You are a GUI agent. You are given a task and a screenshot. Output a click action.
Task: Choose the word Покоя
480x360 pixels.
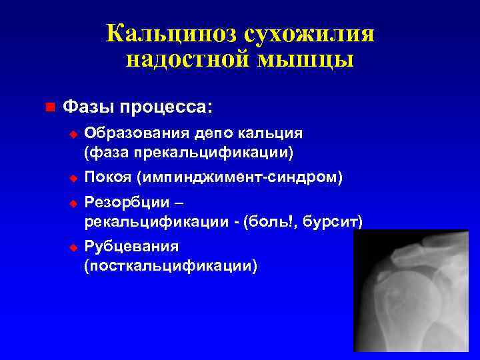[108, 178]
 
